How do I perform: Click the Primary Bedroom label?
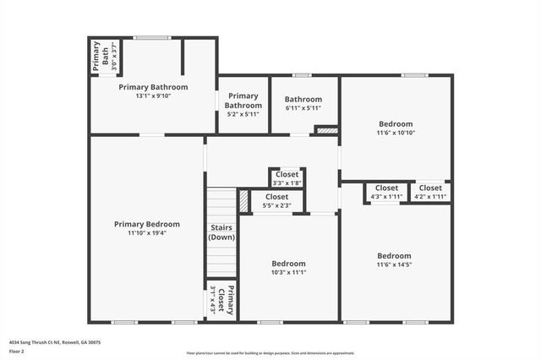pyautogui.click(x=147, y=224)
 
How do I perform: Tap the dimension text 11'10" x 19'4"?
pyautogui.click(x=147, y=233)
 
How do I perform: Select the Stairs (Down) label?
pyautogui.click(x=221, y=232)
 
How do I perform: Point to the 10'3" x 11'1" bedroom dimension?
pyautogui.click(x=288, y=272)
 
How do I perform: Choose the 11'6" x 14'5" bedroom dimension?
pyautogui.click(x=394, y=265)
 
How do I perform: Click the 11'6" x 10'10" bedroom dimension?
pyautogui.click(x=396, y=133)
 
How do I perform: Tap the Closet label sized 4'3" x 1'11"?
pyautogui.click(x=386, y=188)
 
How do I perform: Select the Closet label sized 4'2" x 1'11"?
pyautogui.click(x=429, y=188)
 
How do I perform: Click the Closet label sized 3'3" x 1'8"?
pyautogui.click(x=287, y=174)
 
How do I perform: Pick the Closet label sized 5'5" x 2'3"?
pyautogui.click(x=276, y=197)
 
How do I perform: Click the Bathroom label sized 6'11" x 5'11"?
pyautogui.click(x=303, y=99)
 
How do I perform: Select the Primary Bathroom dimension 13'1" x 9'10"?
pyautogui.click(x=153, y=95)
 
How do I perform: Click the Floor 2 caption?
pyautogui.click(x=16, y=350)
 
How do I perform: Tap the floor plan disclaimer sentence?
pyautogui.click(x=270, y=353)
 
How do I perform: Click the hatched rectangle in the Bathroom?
pyautogui.click(x=325, y=131)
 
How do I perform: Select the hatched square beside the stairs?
pyautogui.click(x=243, y=200)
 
